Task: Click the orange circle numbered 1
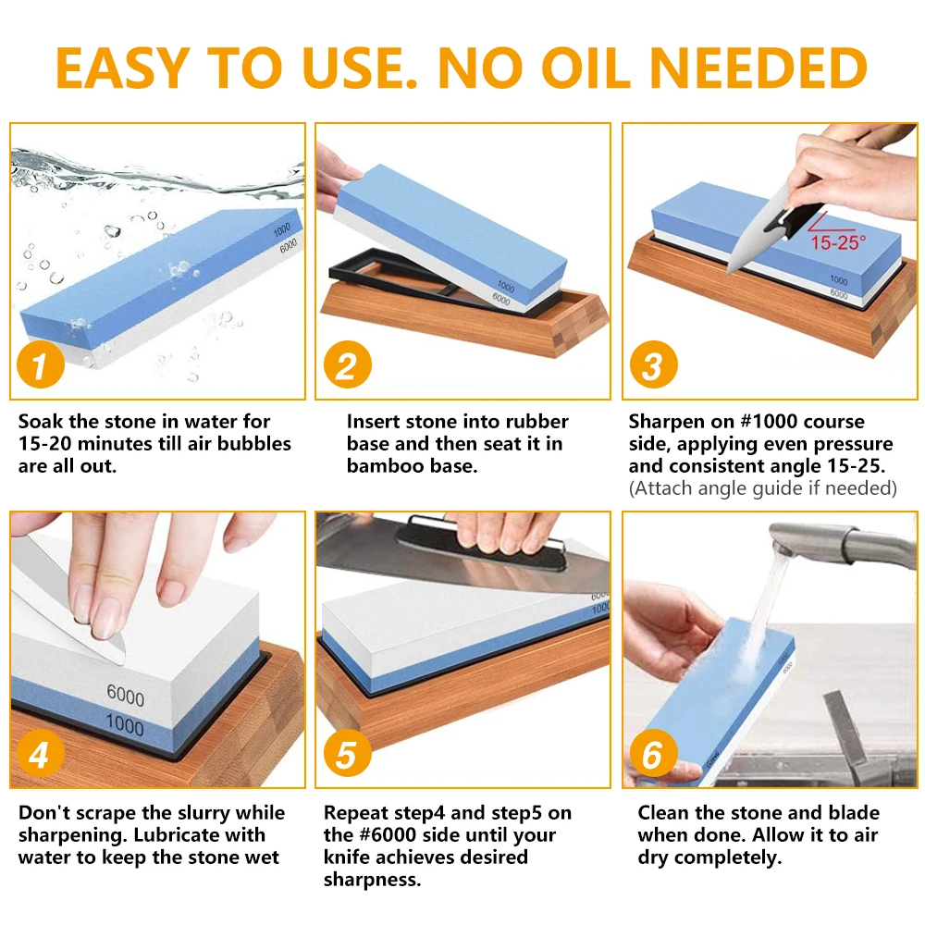click(40, 364)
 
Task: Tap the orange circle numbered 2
click(348, 364)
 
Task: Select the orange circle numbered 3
click(654, 364)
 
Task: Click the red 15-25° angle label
click(838, 241)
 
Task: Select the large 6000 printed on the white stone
click(126, 695)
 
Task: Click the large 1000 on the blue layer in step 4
click(125, 724)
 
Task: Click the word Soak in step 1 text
click(41, 421)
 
